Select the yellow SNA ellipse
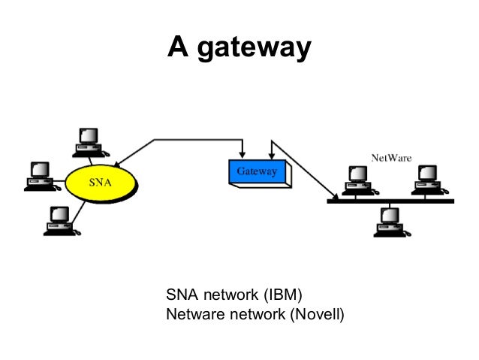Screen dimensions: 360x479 pyautogui.click(x=102, y=183)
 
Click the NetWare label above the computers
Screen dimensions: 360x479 pyautogui.click(x=393, y=158)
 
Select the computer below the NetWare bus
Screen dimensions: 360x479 pyautogui.click(x=390, y=221)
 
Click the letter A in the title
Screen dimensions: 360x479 pyautogui.click(x=177, y=47)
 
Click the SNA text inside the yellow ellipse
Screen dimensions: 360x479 pyautogui.click(x=102, y=183)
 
